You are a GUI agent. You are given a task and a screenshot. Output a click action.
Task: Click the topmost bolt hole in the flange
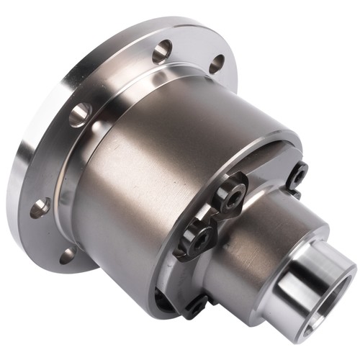tap(163, 52)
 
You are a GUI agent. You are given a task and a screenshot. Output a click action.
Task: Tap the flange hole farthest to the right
tap(217, 64)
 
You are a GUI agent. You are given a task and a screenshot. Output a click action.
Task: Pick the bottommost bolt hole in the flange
tap(68, 255)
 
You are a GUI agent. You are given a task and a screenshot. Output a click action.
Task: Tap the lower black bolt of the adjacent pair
tap(199, 238)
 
